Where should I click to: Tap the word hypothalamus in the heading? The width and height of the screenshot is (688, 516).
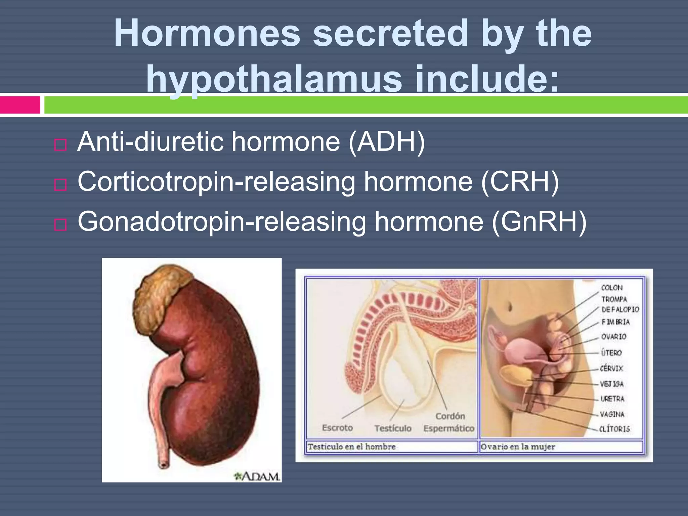(x=274, y=79)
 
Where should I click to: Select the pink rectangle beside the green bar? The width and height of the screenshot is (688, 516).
(x=20, y=105)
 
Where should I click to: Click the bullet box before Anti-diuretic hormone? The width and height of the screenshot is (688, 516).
(x=60, y=145)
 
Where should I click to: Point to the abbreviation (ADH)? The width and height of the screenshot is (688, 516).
(x=387, y=142)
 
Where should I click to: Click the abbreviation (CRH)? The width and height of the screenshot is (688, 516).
(x=520, y=182)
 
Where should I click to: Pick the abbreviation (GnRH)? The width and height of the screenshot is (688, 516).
(x=539, y=222)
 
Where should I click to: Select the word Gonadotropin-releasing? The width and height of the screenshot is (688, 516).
(x=222, y=222)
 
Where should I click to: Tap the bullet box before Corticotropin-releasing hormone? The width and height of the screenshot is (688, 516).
(x=60, y=184)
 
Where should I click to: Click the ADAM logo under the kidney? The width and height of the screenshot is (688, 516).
(x=257, y=476)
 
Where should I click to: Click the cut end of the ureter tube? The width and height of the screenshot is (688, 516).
(x=164, y=465)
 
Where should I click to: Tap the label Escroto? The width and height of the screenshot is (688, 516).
(x=337, y=428)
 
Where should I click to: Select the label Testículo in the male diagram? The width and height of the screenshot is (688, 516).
(x=393, y=428)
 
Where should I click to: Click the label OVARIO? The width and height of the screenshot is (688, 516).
(x=613, y=337)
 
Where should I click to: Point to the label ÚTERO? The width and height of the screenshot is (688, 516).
(x=611, y=353)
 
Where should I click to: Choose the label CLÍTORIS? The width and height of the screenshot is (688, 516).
(x=614, y=429)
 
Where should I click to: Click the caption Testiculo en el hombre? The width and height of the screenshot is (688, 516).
(x=351, y=447)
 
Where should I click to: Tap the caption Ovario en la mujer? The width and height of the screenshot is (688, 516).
(x=518, y=447)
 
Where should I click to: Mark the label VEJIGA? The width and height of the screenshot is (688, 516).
(x=612, y=384)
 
